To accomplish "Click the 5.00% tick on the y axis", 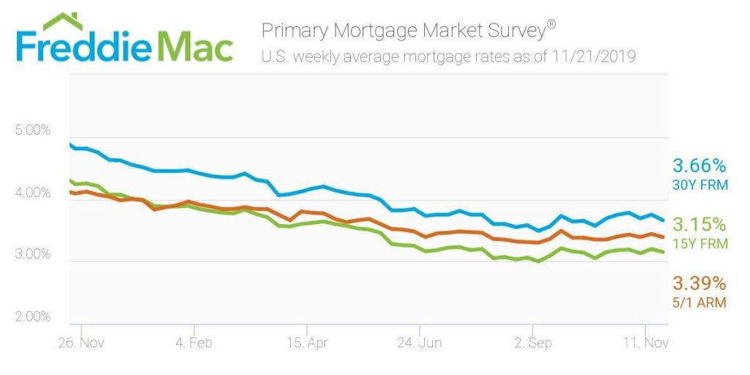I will point(32,130).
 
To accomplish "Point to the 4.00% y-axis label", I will point(32,193).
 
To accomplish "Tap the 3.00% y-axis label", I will point(32,255).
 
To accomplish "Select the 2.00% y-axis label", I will point(32,317).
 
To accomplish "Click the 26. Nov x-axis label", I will point(81,342).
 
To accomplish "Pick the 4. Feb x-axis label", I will point(193,342).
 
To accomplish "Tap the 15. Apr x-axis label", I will point(306,342).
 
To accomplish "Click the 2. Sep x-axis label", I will point(532,342).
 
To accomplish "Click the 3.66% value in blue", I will point(699,165).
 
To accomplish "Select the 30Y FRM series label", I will point(700,185).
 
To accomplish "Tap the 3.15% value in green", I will point(699,224).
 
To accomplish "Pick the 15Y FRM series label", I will point(700,243).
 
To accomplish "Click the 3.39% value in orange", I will point(699,283).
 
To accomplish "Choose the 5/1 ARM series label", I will point(700,302).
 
